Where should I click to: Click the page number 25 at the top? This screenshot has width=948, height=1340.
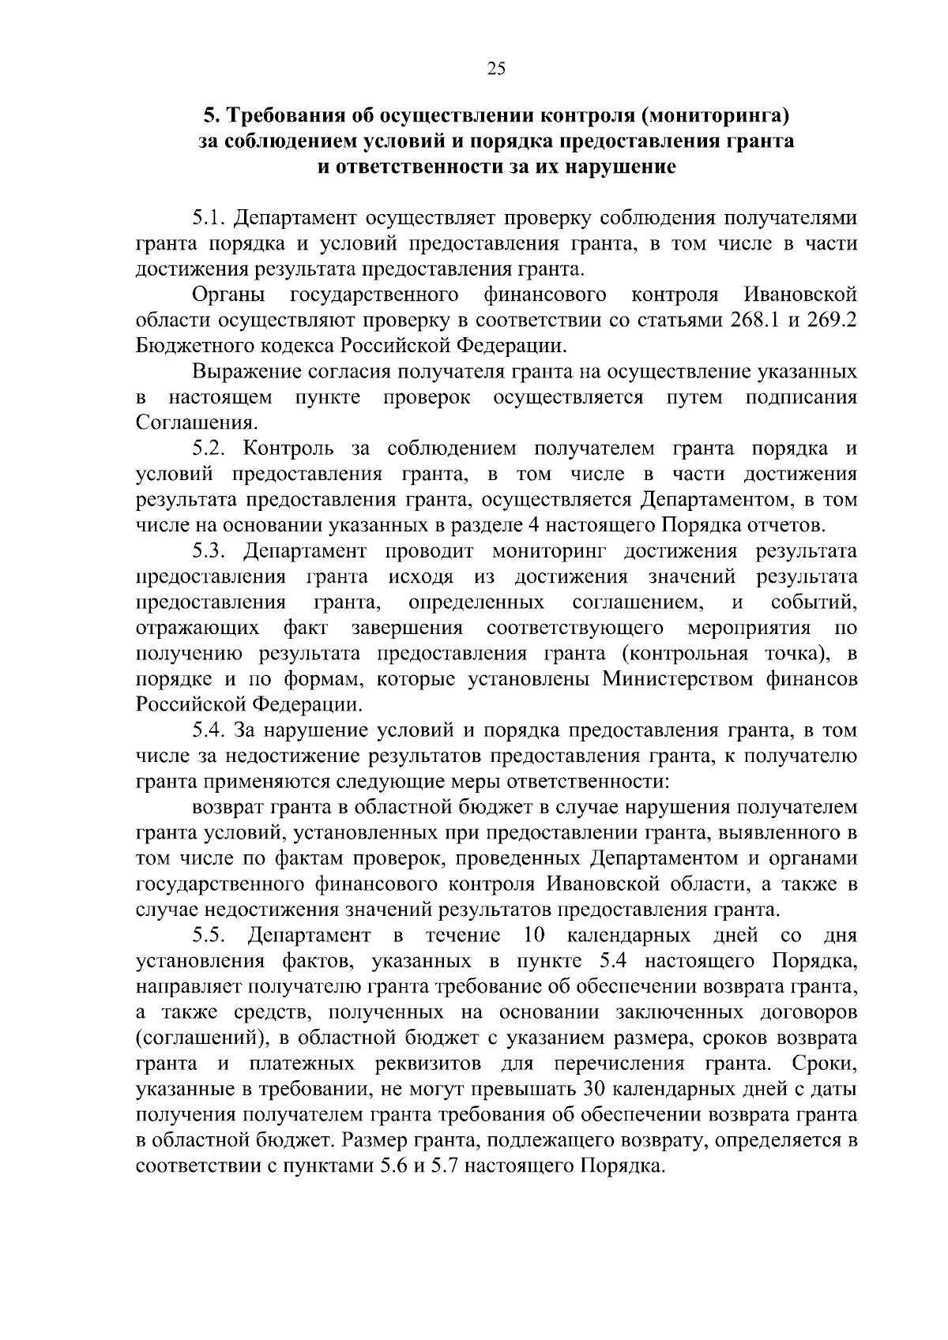[496, 69]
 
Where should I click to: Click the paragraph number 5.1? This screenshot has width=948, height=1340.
[209, 217]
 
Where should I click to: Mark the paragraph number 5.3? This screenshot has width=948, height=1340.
[210, 551]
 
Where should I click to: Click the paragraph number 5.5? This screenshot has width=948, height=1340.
[210, 936]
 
